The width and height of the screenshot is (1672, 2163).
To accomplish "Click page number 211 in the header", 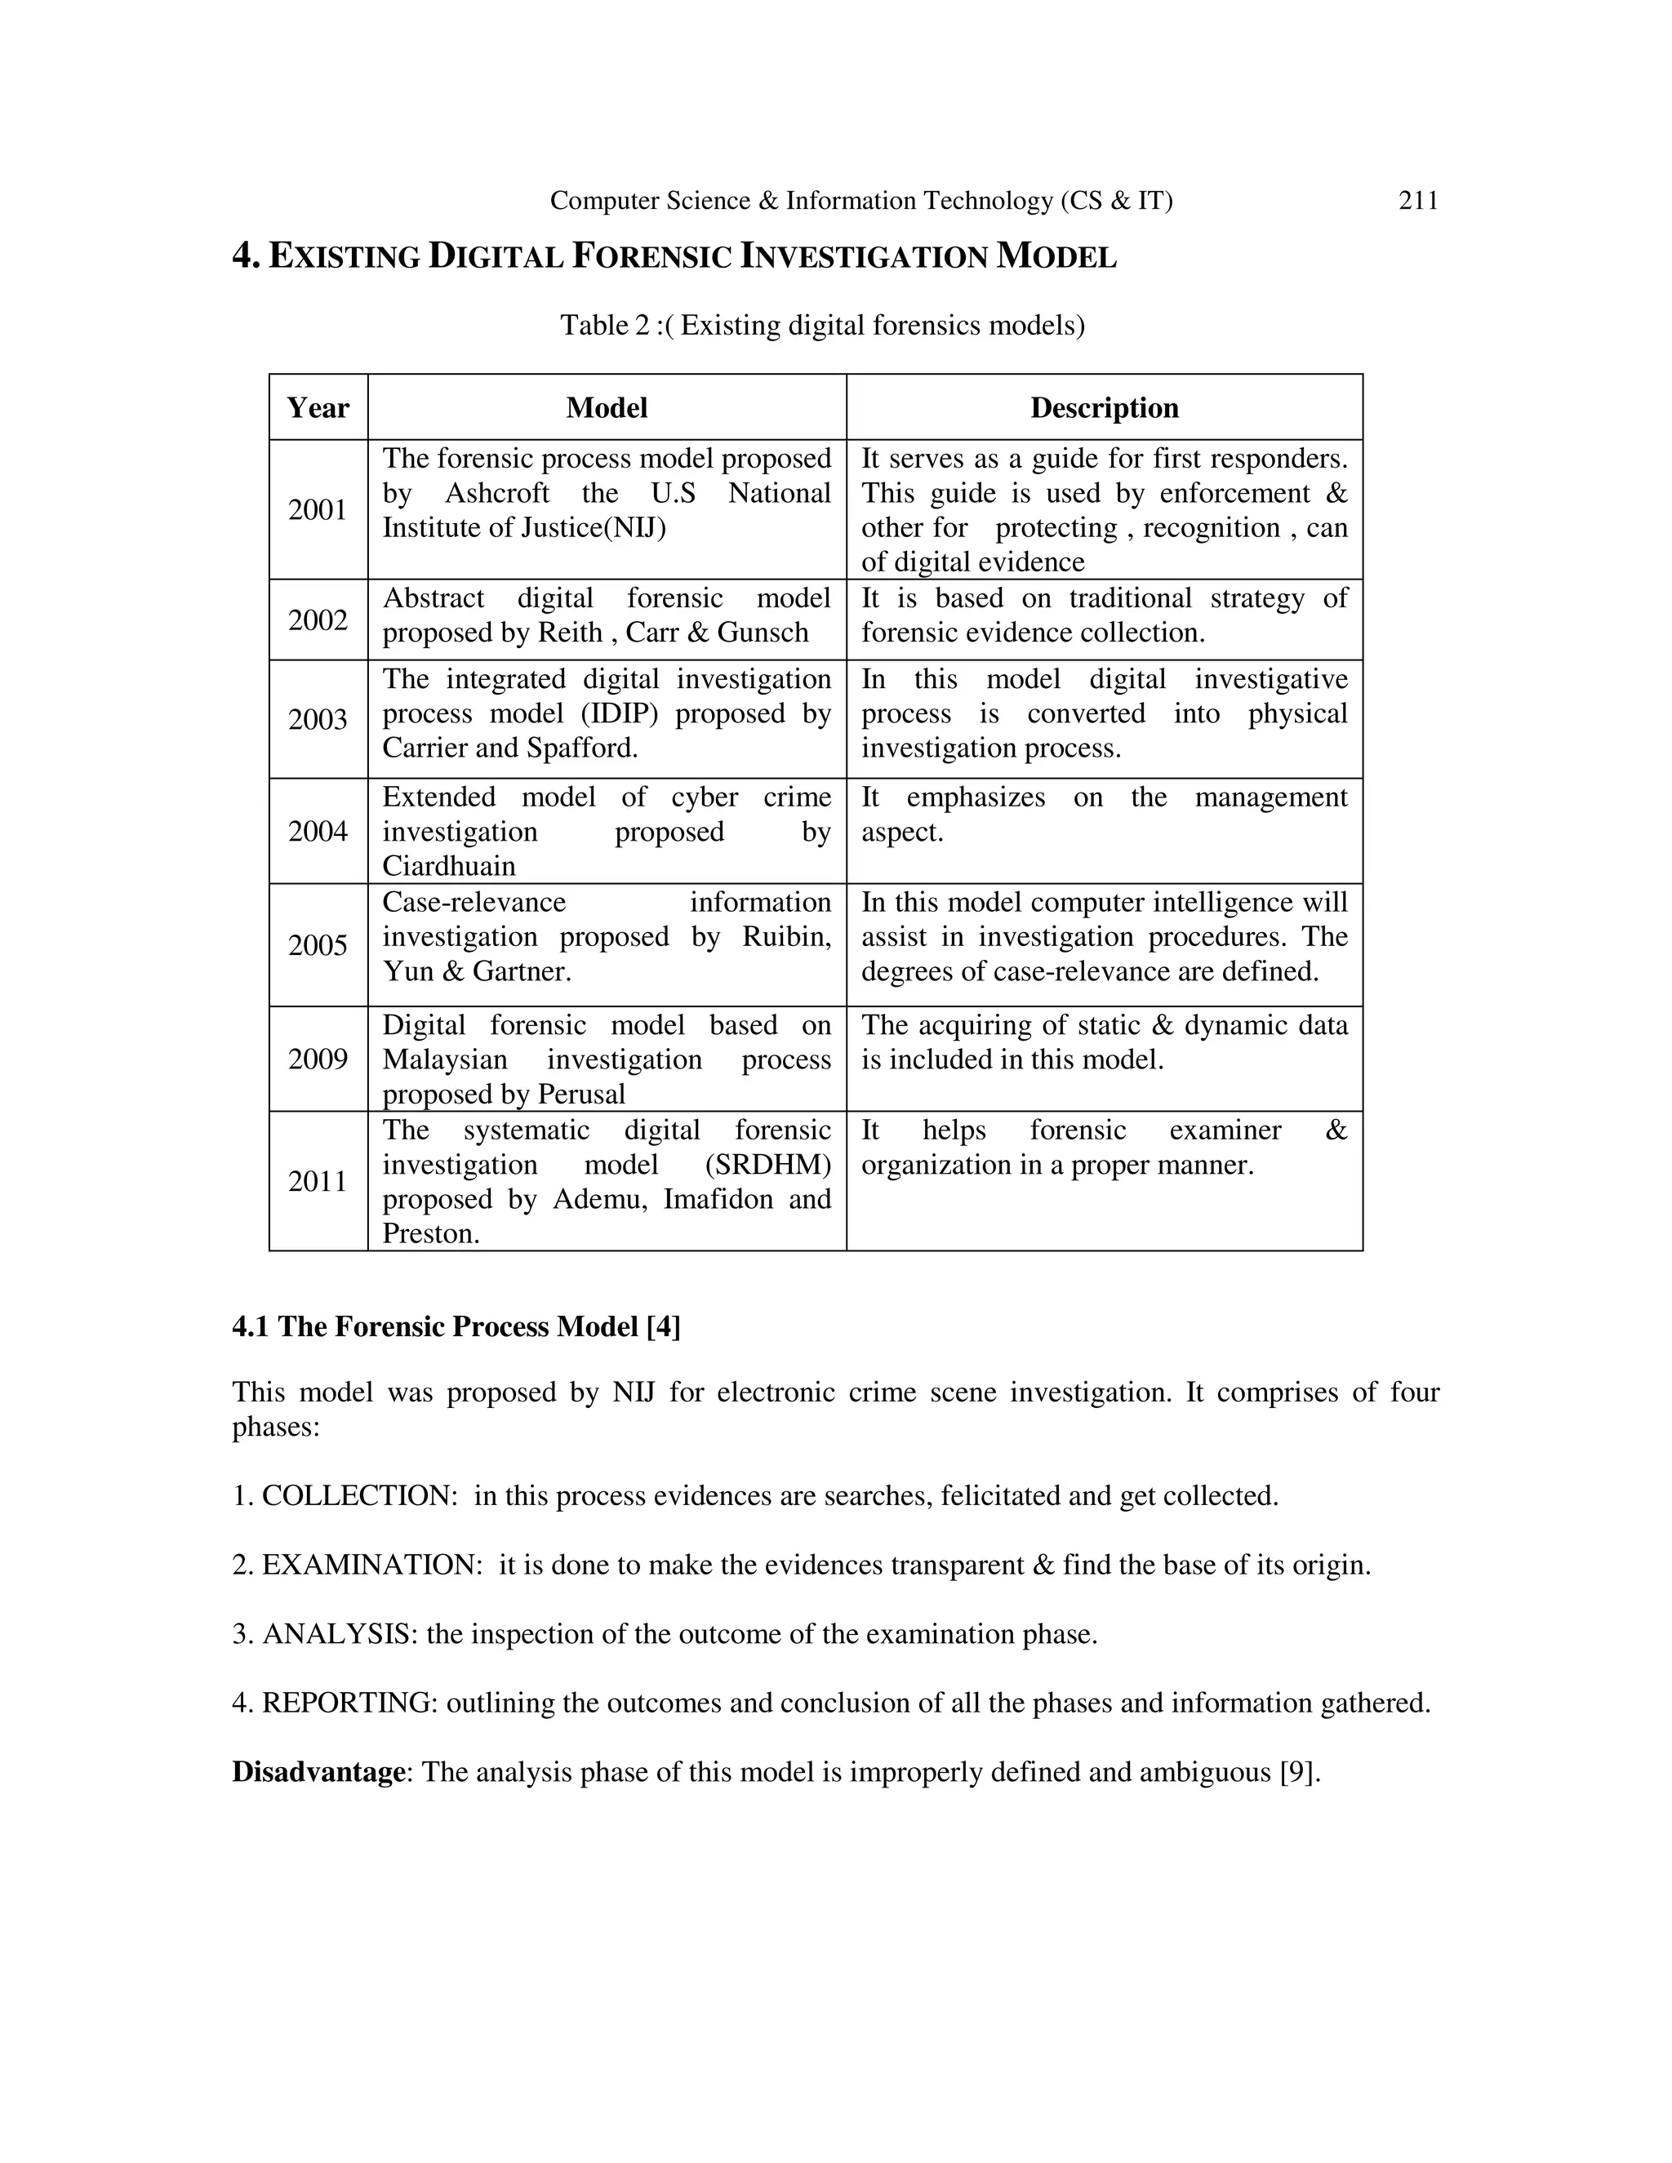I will click(x=1417, y=201).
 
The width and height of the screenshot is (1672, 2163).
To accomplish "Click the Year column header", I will click(x=318, y=408).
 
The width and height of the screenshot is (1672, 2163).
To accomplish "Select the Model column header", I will click(x=607, y=408).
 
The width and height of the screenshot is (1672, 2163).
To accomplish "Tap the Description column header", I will click(x=1104, y=408).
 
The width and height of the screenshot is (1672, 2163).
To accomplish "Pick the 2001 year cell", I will click(x=318, y=510).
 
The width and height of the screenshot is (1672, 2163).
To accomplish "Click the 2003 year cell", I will click(x=318, y=719).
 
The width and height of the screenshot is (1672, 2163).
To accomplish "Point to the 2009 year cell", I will click(x=318, y=1059).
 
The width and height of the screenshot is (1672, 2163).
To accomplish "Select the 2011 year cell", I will click(x=318, y=1182).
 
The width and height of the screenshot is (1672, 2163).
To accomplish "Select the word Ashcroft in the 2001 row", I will click(x=497, y=493).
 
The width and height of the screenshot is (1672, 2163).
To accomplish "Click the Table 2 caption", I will click(x=822, y=325).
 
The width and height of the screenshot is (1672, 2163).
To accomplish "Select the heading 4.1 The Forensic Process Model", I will click(x=456, y=1327).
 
